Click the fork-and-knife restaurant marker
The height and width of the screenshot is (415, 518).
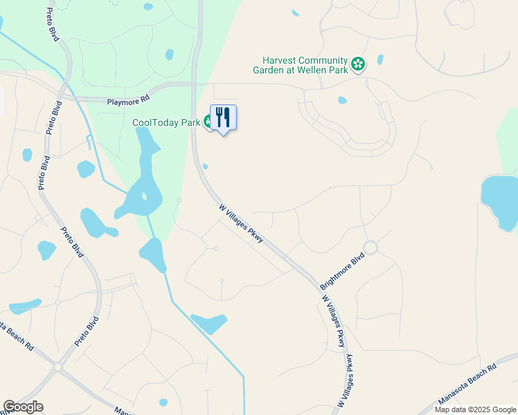tap(223, 117)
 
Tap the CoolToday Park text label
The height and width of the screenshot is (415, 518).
tap(167, 122)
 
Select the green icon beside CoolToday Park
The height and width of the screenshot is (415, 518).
tap(208, 122)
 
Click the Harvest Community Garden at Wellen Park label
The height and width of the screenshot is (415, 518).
tap(304, 64)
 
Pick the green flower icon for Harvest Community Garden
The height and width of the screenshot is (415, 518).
tap(357, 64)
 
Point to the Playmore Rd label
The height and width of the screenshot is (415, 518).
tap(128, 101)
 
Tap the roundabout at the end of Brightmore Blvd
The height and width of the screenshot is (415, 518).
tap(370, 247)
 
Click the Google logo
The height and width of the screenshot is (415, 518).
tap(23, 407)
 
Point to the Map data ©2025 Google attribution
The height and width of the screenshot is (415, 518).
tap(475, 409)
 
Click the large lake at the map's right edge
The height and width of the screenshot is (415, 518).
tap(500, 201)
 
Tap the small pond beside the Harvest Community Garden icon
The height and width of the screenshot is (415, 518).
tap(380, 60)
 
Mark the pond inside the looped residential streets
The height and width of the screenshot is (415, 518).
tap(342, 100)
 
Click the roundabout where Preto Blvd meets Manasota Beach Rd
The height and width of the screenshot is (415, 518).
tap(58, 367)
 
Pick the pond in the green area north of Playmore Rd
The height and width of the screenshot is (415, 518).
tap(169, 54)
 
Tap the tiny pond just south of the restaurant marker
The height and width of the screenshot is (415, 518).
tap(206, 166)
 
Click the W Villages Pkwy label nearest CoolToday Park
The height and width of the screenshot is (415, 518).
tap(241, 222)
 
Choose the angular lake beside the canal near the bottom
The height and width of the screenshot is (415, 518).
tap(209, 323)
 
